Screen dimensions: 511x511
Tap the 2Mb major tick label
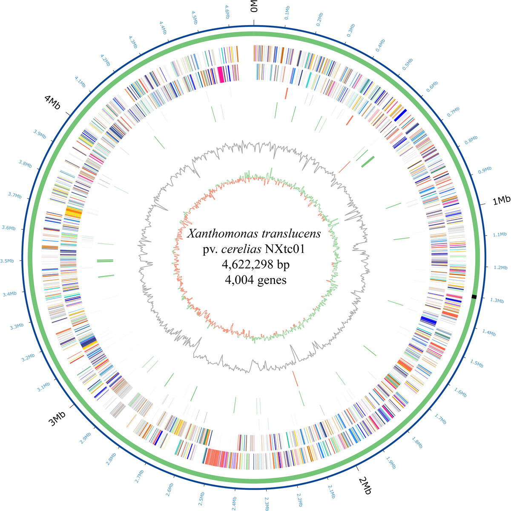tap(365, 486)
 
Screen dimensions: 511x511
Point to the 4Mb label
tap(52, 103)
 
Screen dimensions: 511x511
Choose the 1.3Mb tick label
tap(497, 301)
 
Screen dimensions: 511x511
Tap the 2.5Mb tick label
tap(201, 498)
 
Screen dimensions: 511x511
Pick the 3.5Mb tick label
tap(7, 261)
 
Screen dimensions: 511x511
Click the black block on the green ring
tap(474, 297)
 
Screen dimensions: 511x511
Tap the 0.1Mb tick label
tap(287, 12)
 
